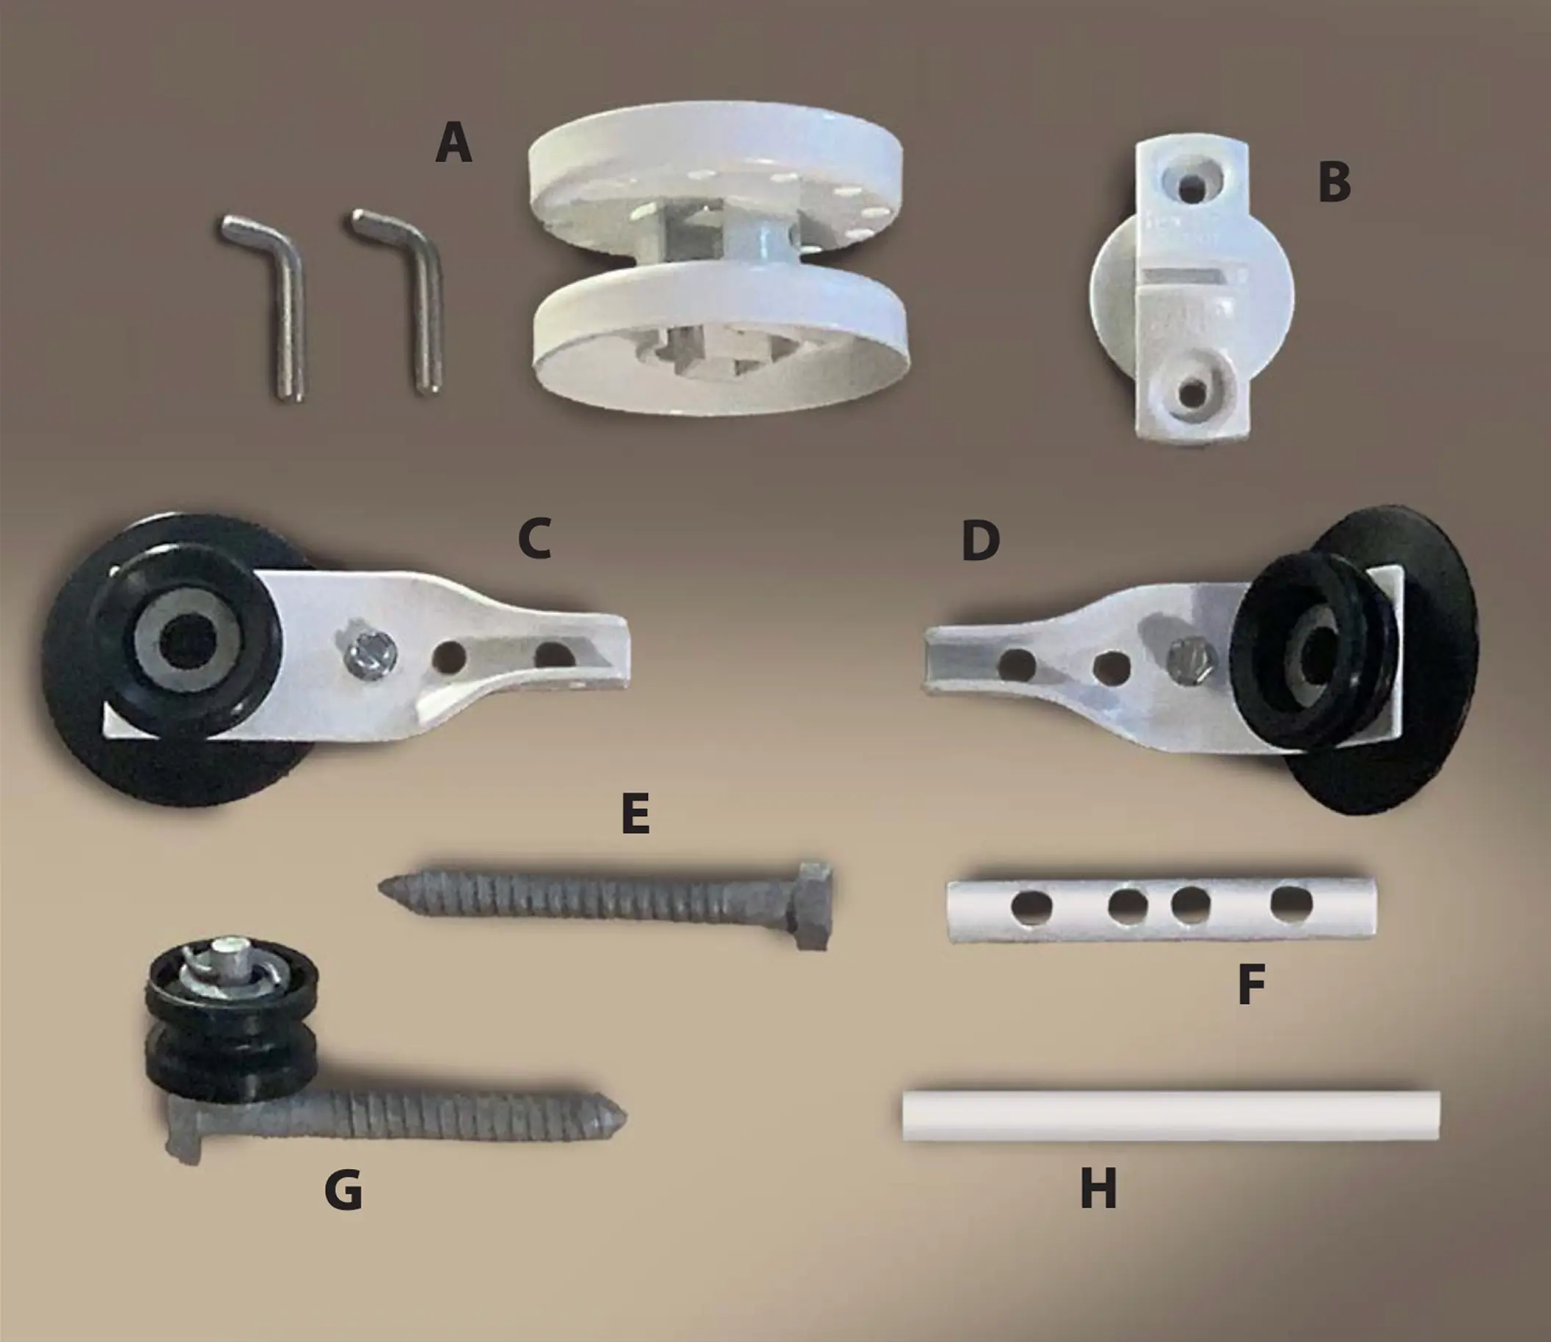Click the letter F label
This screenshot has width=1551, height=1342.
click(1252, 984)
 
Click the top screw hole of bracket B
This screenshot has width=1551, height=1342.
click(1191, 186)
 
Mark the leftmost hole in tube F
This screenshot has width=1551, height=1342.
click(1032, 906)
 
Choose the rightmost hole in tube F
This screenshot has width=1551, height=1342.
click(1292, 903)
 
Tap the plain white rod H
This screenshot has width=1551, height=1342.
click(1170, 1115)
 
